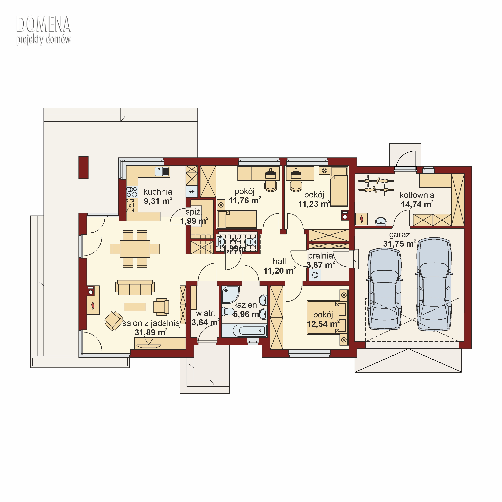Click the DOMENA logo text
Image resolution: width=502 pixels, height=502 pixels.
click(x=43, y=24)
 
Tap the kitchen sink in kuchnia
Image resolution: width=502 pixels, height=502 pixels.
click(x=162, y=172)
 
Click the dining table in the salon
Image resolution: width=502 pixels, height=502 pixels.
click(x=135, y=249)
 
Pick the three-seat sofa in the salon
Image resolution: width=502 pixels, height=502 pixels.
click(x=135, y=287)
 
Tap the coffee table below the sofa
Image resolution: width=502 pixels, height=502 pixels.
click(x=135, y=307)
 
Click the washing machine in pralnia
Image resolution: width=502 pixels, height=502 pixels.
click(x=315, y=275)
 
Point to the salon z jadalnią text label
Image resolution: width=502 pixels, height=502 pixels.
click(x=151, y=323)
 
